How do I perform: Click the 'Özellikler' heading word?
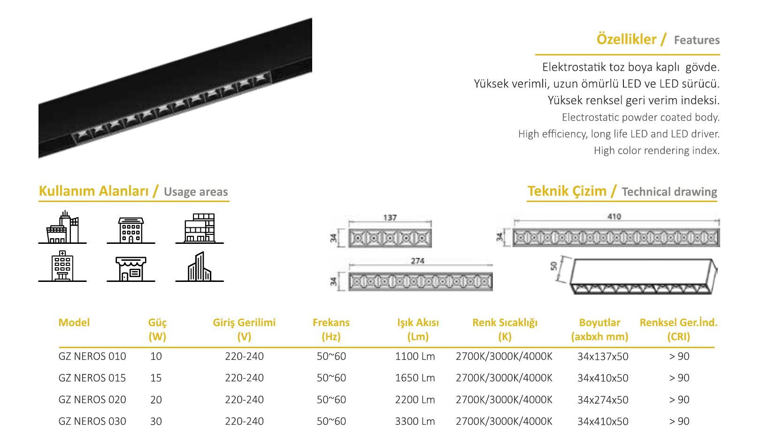626,39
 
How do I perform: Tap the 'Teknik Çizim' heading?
567,191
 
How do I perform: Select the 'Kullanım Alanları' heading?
93,191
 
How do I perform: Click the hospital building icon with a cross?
62,266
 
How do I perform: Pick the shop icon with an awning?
131,269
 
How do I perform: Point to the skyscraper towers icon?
200,266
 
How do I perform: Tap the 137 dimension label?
390,218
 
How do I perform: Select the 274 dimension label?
417,261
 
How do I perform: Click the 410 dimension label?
614,216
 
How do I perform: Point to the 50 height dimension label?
553,266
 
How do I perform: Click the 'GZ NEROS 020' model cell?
92,400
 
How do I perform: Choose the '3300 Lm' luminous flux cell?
415,421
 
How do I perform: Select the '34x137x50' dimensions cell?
603,356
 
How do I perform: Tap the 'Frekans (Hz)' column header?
331,329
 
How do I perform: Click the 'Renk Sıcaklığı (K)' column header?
505,329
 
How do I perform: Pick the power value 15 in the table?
156,378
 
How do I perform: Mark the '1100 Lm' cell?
415,356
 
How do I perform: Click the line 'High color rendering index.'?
656,150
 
